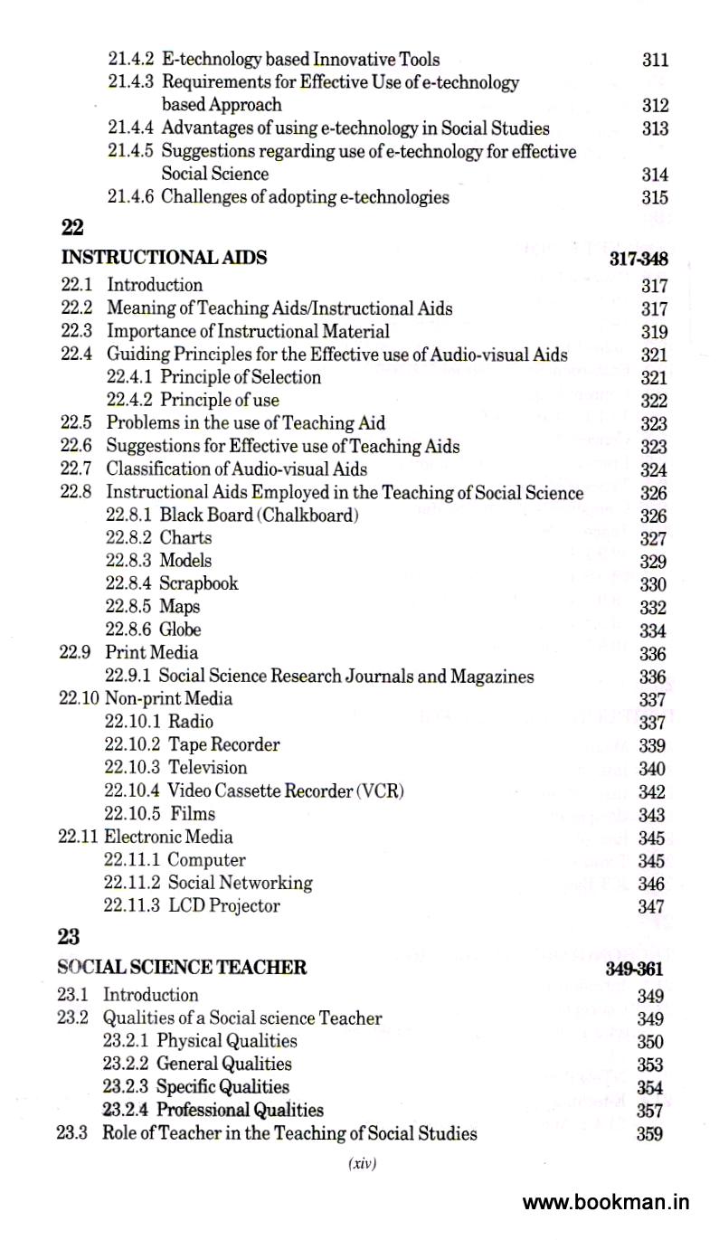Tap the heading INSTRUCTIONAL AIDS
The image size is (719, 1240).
point(164,258)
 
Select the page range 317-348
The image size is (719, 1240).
point(639,259)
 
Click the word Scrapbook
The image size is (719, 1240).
point(199,583)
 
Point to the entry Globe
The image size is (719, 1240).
point(180,629)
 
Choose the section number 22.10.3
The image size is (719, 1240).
point(132,767)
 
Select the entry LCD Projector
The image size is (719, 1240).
point(223,905)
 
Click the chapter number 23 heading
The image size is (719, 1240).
point(68,938)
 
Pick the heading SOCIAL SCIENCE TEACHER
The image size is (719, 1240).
point(182,967)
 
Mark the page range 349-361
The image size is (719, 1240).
point(635,969)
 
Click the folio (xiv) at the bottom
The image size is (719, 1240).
point(362,1164)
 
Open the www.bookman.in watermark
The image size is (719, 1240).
point(606,1202)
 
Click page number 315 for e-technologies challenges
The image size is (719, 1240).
point(655,198)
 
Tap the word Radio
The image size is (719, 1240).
point(191,722)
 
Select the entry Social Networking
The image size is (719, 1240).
point(240,883)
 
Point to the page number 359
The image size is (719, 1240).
point(649,1134)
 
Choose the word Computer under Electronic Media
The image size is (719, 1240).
point(206,860)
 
